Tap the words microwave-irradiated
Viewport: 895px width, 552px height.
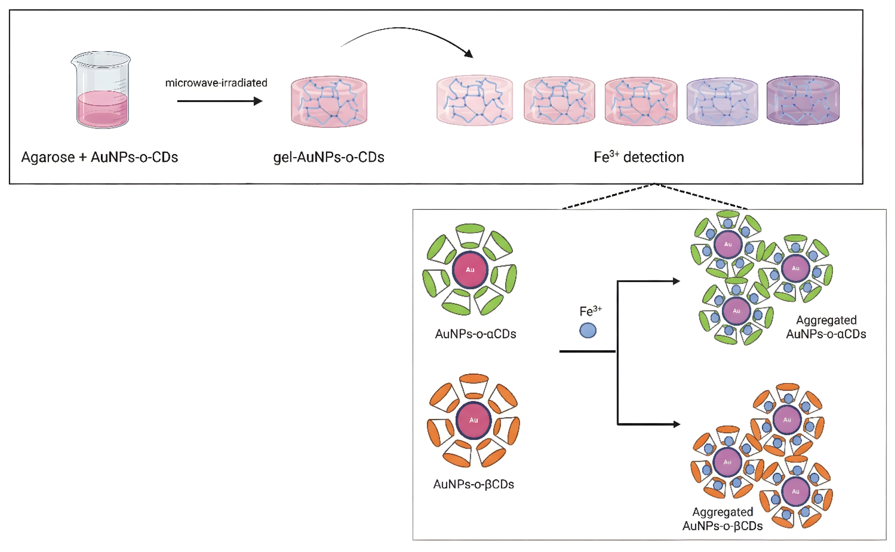216,83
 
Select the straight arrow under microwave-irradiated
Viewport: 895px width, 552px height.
219,101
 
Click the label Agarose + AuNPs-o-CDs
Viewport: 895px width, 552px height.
99,157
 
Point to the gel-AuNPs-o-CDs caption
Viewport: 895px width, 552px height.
328,157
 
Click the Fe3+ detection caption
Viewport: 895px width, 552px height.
639,157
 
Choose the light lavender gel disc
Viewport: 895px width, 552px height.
722,102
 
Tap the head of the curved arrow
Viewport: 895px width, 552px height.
469,54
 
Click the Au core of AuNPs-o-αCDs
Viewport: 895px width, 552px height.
470,270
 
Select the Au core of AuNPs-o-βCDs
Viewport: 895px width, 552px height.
474,420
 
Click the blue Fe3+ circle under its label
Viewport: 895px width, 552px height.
587,330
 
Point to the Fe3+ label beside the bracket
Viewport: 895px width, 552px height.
590,312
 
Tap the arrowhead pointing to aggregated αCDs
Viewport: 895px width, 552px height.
676,281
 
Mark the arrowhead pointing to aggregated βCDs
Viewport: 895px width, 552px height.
676,424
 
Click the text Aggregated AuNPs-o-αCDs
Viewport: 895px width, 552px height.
826,327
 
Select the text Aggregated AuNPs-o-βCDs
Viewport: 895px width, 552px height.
722,519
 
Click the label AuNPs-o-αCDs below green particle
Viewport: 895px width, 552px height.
475,334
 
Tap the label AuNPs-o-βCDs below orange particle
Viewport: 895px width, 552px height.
474,484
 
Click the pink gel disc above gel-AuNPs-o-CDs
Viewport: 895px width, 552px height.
329,102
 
